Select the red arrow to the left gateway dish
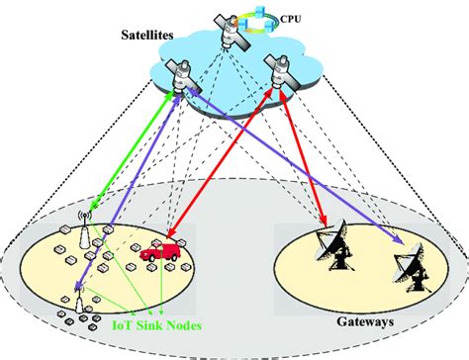click(304, 158)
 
